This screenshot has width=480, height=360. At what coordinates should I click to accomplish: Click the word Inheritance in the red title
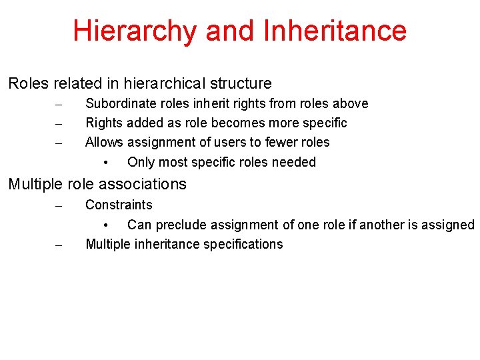click(335, 31)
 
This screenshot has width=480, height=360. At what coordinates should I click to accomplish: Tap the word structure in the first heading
click(239, 84)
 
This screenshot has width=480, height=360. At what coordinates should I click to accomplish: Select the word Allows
click(105, 143)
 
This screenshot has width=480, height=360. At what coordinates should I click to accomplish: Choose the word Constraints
click(119, 205)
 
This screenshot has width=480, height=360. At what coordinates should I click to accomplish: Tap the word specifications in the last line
click(243, 245)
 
